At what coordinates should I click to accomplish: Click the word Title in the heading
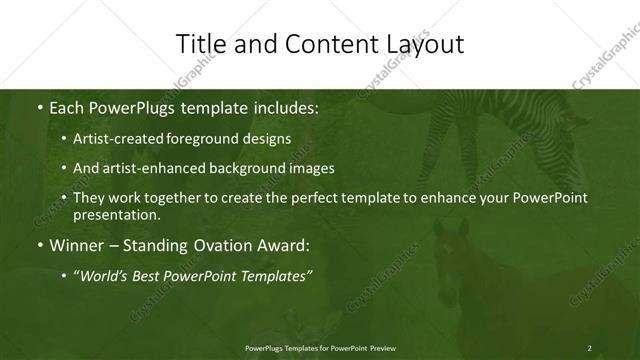198,44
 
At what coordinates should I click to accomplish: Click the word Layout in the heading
427,44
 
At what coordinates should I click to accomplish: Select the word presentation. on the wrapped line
116,215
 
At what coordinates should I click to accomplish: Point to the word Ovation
212,245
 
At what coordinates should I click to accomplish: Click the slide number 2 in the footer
589,348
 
